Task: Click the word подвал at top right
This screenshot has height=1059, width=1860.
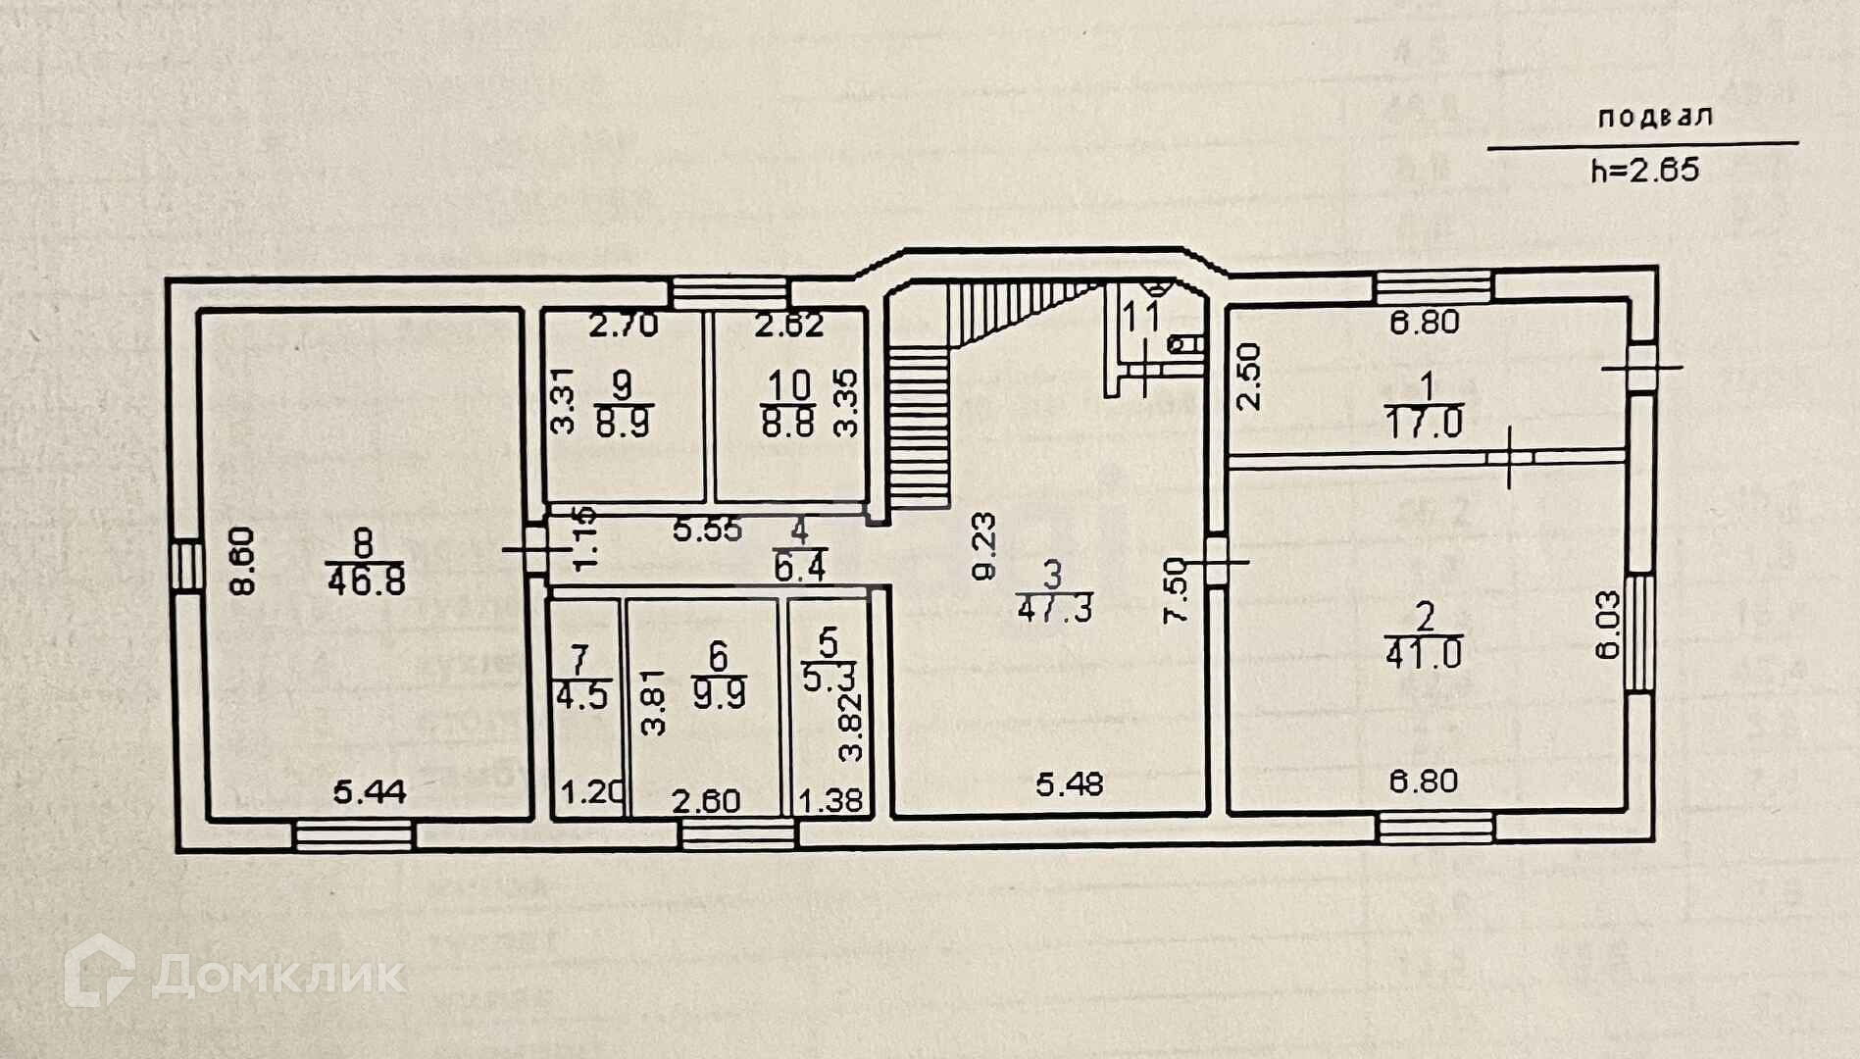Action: (1654, 117)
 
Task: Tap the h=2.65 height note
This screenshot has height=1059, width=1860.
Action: (1644, 171)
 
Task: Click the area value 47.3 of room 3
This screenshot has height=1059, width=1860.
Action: (1054, 608)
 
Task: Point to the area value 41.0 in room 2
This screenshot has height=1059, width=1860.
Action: (1424, 652)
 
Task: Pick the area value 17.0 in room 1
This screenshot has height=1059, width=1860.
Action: (1424, 424)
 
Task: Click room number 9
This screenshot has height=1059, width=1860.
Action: (622, 384)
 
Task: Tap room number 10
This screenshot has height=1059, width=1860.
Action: (787, 384)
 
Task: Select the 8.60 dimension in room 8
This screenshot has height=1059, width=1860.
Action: (241, 560)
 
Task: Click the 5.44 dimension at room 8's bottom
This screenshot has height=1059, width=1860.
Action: (369, 790)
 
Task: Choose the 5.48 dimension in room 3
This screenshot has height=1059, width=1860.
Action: (1070, 783)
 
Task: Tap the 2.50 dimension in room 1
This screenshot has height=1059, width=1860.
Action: (1247, 376)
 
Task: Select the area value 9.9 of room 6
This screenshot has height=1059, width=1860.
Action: (719, 693)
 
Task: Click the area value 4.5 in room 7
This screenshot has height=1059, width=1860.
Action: (581, 695)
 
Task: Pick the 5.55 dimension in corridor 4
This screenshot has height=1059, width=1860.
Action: (707, 530)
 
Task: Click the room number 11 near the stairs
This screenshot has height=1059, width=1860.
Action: (1142, 317)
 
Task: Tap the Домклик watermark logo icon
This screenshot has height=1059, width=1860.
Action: (99, 971)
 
